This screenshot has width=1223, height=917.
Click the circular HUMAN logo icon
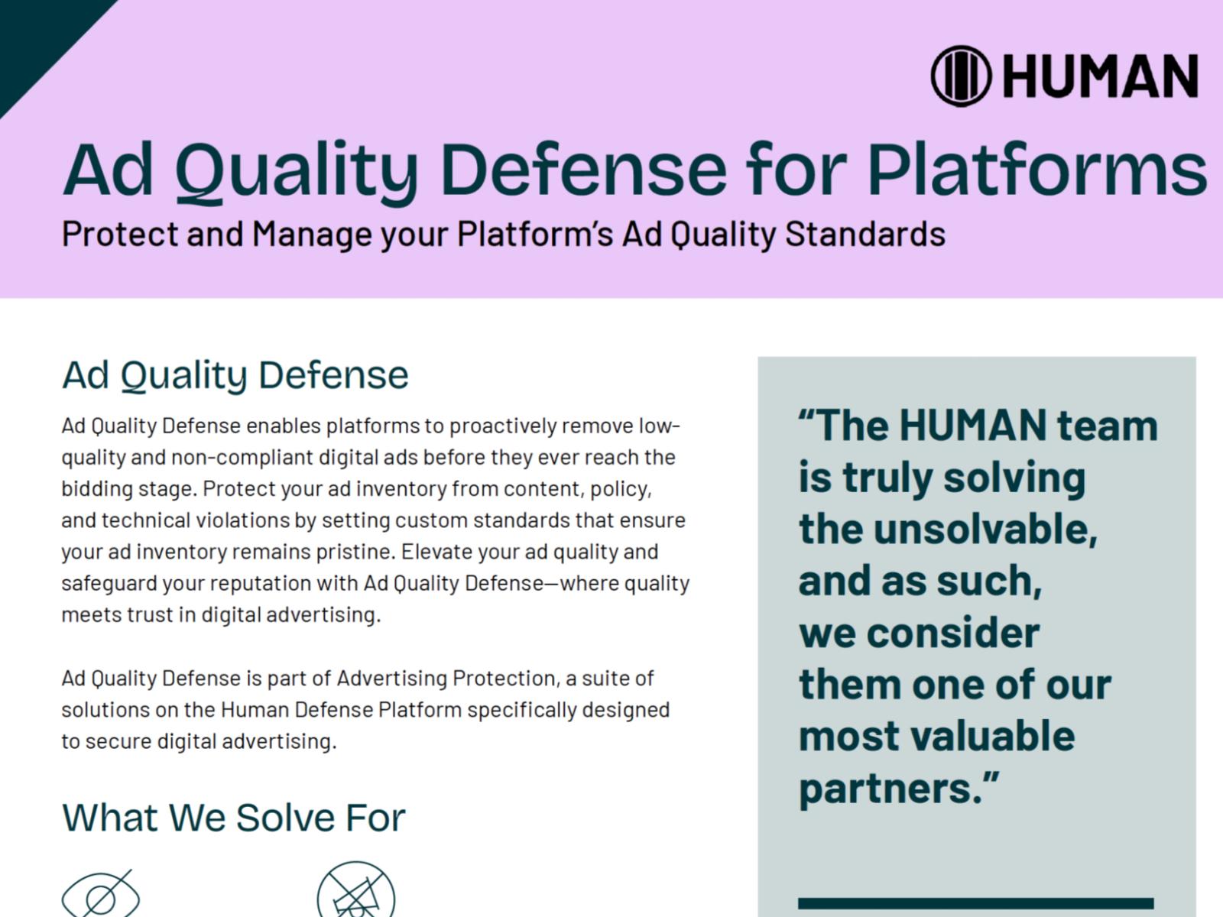pos(961,76)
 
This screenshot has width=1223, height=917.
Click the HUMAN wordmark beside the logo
pos(1101,76)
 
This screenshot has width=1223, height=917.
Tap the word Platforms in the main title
pos(1037,170)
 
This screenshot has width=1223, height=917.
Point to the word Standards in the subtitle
pos(865,234)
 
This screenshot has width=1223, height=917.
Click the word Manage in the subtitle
pos(312,235)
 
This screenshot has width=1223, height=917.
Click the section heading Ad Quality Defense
pos(235,375)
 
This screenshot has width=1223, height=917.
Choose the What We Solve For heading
pos(233,818)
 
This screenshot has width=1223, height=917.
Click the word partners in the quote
pos(890,790)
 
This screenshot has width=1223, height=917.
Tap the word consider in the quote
pos(953,633)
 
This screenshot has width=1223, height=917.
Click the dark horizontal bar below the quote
pos(975,903)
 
